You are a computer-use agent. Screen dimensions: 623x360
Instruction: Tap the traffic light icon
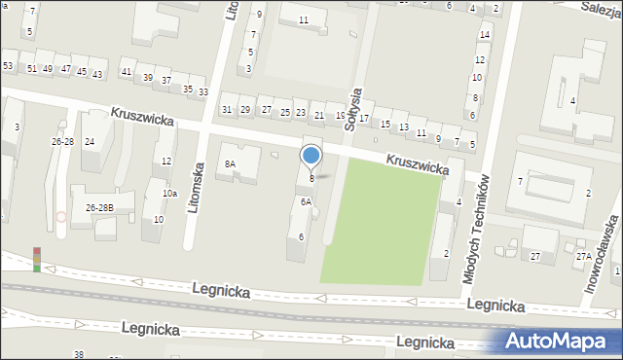[37, 259]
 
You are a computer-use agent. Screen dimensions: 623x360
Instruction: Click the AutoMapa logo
[559, 341]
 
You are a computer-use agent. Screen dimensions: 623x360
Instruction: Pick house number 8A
[231, 164]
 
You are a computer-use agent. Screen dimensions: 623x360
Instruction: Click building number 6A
[306, 202]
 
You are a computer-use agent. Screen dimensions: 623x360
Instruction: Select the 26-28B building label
[99, 207]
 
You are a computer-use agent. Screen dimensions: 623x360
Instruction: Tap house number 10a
[169, 194]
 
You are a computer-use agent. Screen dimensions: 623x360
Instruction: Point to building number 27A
[583, 256]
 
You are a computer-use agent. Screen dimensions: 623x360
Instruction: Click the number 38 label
[79, 354]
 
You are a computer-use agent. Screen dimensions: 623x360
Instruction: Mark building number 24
[90, 142]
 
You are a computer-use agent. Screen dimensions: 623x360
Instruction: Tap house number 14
[484, 35]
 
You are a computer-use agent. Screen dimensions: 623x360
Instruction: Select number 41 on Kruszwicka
[126, 73]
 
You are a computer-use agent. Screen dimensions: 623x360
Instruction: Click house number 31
[227, 109]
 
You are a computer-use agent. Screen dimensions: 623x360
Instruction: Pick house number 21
[319, 115]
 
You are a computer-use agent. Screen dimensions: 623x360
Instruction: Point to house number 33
[203, 92]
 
